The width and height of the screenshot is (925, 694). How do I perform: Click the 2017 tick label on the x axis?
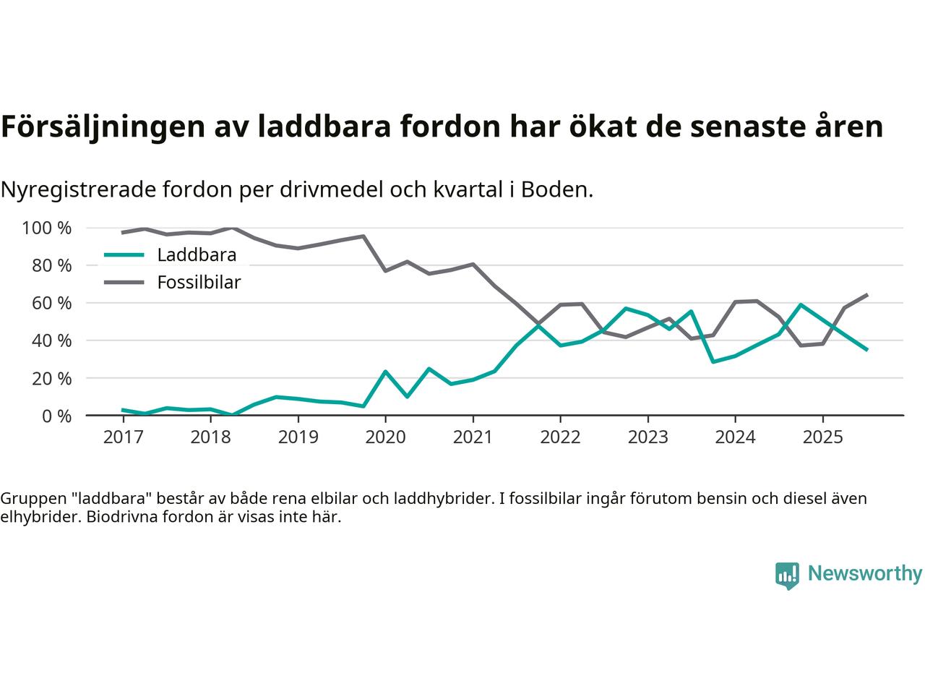coord(123,437)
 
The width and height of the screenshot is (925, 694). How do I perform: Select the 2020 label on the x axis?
coord(385,437)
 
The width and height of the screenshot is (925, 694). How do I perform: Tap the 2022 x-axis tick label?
coord(560,437)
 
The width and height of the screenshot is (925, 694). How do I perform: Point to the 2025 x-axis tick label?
coord(822,437)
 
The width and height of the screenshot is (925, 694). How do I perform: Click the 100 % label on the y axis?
coord(47,228)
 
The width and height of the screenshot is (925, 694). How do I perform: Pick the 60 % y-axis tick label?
coord(51,304)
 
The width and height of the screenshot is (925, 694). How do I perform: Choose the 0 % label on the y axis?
coord(56,416)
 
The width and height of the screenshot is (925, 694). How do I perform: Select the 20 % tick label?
coord(51,379)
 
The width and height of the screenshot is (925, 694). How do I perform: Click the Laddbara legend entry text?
coord(197,255)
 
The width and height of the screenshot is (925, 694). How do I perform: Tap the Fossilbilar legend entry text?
coord(199,283)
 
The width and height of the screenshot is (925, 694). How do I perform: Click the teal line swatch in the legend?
coord(124,255)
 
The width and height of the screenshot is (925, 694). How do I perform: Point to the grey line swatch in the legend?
coord(124,283)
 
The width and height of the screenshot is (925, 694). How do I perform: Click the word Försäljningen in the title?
coord(101,127)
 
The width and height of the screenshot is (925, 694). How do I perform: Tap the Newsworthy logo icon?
coord(787,575)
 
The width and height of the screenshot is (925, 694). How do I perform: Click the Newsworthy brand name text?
coord(864,574)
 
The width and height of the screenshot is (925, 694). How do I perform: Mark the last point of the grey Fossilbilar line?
coord(866,295)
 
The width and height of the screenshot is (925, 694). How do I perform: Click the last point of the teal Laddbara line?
coord(866,349)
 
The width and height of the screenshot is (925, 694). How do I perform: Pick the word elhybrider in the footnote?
coord(36,518)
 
